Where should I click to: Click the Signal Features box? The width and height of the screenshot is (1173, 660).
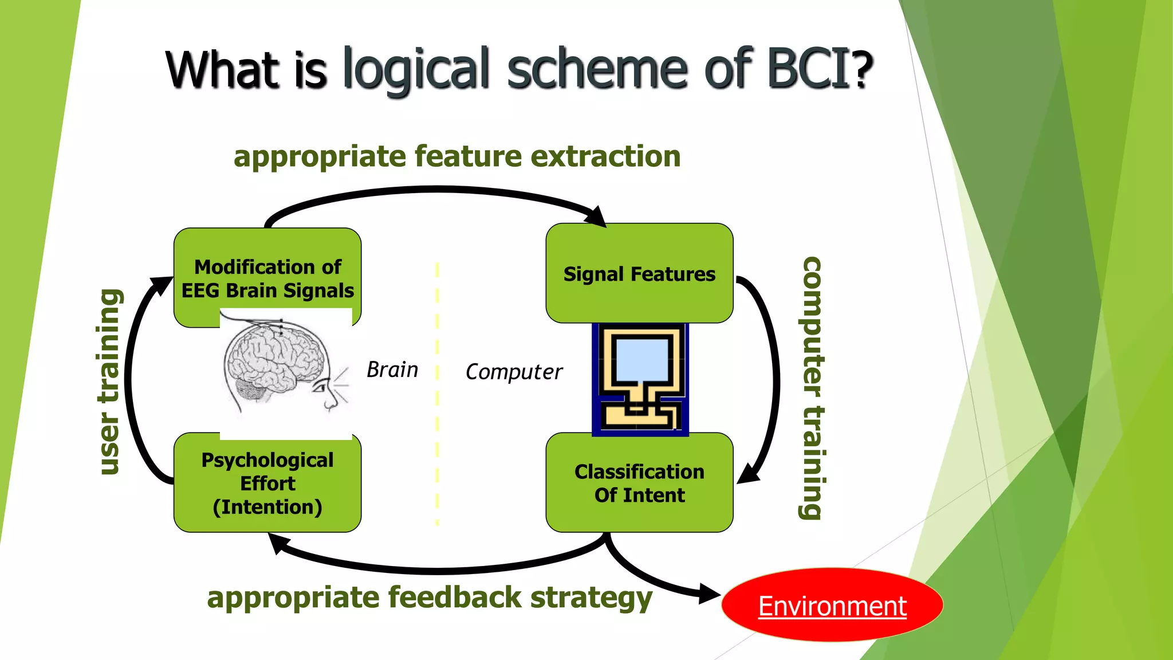[x=639, y=274]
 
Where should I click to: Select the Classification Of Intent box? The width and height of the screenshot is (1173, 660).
[x=639, y=483]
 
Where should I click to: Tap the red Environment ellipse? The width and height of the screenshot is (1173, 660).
[x=832, y=606]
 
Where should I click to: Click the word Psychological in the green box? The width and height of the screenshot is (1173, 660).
[x=267, y=460]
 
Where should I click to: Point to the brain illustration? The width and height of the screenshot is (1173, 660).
[x=281, y=367]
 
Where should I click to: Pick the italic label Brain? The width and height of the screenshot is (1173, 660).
[x=392, y=370]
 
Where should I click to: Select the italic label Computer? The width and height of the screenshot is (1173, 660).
[x=514, y=372]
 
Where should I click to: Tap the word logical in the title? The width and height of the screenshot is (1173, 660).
[x=416, y=70]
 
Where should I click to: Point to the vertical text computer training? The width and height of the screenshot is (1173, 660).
[x=812, y=388]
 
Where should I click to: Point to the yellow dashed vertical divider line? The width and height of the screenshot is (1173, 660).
[x=437, y=395]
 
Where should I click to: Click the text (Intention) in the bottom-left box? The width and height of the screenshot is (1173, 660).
[x=267, y=507]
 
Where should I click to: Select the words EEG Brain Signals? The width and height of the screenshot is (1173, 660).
[x=267, y=291]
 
